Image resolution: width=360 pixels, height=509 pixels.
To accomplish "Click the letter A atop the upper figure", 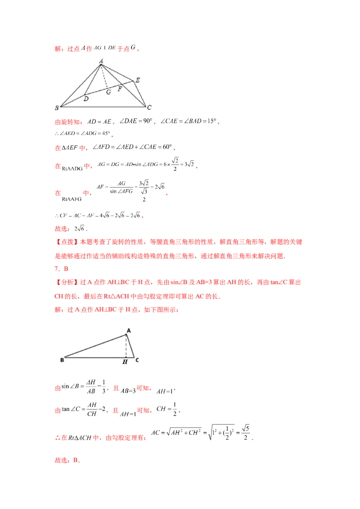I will tap(101, 61).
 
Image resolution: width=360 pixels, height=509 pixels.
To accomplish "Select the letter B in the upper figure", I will tap(56, 107).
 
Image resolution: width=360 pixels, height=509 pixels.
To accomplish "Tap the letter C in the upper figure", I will tap(149, 107).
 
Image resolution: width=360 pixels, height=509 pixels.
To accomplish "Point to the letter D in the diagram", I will tap(85, 99).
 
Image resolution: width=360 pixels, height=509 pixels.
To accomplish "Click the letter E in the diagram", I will tap(137, 80).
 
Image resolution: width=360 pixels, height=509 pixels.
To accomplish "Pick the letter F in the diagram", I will tap(120, 89).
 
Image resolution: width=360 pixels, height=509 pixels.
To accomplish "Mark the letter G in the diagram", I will tap(108, 92).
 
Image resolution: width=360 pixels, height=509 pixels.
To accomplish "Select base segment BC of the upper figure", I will tap(103, 107).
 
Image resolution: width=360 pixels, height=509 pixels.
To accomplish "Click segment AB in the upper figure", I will tap(80, 85).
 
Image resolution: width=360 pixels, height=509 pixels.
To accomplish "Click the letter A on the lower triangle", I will tap(129, 330).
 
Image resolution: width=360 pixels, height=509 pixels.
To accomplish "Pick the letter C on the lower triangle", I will tap(137, 360).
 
